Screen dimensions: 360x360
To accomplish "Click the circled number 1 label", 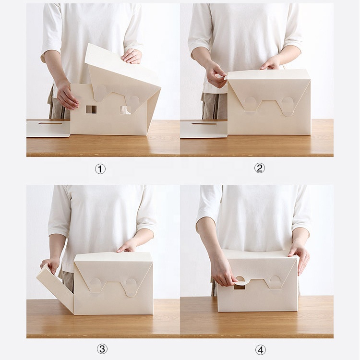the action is pyautogui.click(x=100, y=169).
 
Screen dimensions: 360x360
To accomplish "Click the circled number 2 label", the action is pyautogui.click(x=260, y=168).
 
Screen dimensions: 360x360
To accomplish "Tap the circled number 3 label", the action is pyautogui.click(x=102, y=349).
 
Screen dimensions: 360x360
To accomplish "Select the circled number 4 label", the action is pyautogui.click(x=261, y=350).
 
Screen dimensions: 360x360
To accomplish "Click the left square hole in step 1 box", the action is pyautogui.click(x=91, y=109).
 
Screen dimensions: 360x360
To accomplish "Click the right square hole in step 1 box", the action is pyautogui.click(x=125, y=110).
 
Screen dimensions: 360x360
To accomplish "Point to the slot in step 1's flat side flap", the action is pyautogui.click(x=50, y=123).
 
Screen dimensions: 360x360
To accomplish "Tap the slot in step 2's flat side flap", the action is pyautogui.click(x=204, y=124).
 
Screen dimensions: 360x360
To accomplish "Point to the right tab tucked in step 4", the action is pyautogui.click(x=275, y=278).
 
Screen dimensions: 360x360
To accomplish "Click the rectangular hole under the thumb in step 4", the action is pyautogui.click(x=240, y=287).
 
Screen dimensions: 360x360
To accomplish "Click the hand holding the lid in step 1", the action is pyautogui.click(x=132, y=56).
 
